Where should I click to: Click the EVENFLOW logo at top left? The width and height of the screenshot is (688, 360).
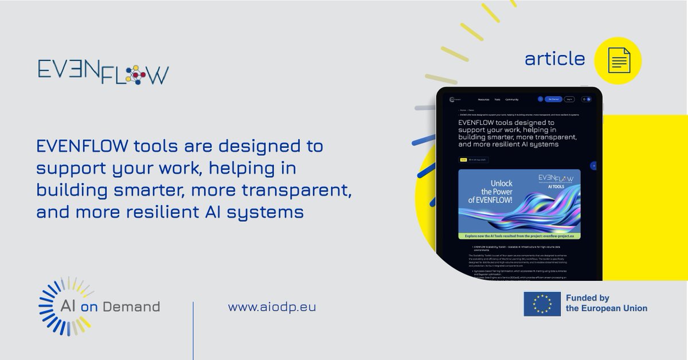coord(103,71)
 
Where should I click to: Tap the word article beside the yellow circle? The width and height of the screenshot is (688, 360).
coord(554,59)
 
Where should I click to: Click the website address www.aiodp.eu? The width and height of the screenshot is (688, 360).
coord(272,307)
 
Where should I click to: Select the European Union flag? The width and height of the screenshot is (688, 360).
coord(542,304)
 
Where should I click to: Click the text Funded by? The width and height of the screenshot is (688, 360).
coord(587,298)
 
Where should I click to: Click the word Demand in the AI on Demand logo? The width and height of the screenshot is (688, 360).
coord(136,307)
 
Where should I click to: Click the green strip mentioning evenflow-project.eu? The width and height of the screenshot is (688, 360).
coord(519,236)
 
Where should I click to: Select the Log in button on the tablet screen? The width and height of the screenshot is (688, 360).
coord(569,99)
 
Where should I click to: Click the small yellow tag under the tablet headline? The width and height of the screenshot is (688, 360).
coord(463,160)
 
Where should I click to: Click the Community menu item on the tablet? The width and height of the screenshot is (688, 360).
coord(511,99)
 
